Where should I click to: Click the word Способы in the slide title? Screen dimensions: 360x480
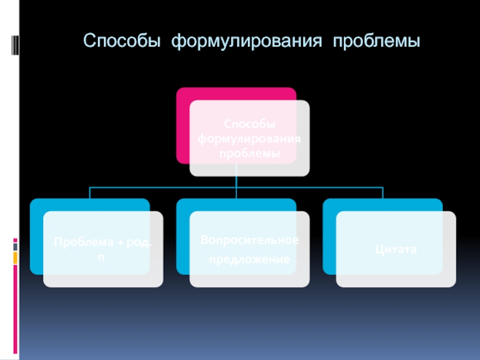pos(122,43)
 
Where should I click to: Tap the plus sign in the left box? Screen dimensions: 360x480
pos(120,242)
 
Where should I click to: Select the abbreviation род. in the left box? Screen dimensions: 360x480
pos(139,242)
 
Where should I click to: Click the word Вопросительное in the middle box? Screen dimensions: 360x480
pos(249,240)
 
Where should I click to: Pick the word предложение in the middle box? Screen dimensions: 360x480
pos(249,260)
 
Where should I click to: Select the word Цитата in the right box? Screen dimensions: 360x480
pos(395,248)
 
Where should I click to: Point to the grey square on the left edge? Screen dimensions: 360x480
pos(16,246)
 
